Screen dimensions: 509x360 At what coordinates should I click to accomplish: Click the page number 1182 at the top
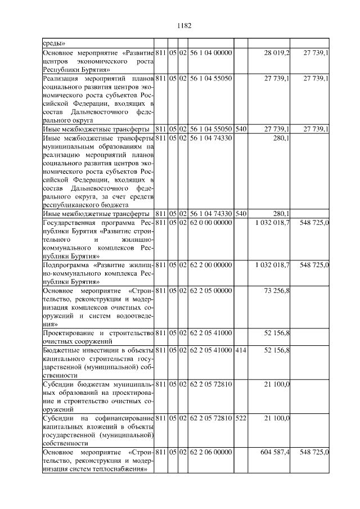[184, 25]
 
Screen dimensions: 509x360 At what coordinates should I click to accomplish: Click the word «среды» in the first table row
[55, 43]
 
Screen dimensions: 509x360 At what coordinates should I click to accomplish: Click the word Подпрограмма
[66, 264]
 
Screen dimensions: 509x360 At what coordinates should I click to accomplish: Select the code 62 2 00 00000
[210, 264]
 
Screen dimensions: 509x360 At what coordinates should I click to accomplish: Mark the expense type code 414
[240, 350]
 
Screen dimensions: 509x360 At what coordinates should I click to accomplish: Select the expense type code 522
[240, 418]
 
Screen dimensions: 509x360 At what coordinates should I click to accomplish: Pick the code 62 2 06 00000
[210, 452]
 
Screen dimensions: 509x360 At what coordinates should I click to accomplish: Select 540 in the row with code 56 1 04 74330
[240, 214]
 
